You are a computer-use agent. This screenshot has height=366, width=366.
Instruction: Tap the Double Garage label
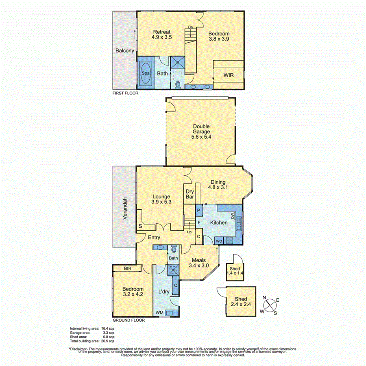(x=201, y=129)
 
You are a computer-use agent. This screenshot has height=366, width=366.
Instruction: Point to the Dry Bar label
(x=190, y=194)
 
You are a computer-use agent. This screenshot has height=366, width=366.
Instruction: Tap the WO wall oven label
(x=218, y=241)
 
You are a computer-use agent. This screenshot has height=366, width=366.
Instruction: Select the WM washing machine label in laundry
(x=160, y=313)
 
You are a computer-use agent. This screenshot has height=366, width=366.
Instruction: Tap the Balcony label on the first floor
(x=124, y=51)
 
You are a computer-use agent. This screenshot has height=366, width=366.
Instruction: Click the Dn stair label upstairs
(x=190, y=28)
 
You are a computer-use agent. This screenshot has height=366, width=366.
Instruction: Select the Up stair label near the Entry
(x=189, y=232)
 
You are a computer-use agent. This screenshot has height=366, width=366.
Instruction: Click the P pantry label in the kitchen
(x=199, y=210)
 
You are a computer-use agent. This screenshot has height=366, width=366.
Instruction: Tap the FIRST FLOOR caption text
(x=125, y=93)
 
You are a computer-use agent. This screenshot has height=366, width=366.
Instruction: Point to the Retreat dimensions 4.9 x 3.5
(x=161, y=37)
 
